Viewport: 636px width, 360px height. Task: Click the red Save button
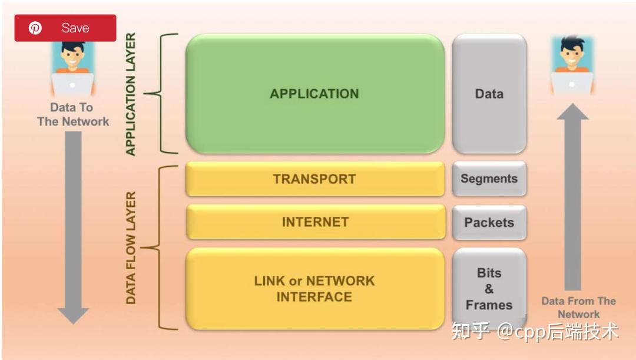tap(65, 28)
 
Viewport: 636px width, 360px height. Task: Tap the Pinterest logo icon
tap(35, 28)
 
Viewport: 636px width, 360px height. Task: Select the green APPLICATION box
tap(314, 94)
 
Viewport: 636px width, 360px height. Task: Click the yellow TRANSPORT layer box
tap(314, 179)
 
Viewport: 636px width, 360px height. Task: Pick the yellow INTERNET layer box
tap(314, 222)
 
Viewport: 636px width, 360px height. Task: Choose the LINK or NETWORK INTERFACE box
tap(314, 289)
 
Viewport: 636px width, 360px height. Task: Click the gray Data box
tap(489, 94)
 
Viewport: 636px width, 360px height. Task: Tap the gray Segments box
tap(489, 179)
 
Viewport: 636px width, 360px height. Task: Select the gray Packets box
tap(489, 223)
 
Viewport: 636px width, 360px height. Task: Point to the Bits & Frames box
tap(489, 289)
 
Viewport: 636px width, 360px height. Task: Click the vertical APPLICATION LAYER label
tap(131, 94)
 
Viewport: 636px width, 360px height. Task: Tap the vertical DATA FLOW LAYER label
tap(131, 247)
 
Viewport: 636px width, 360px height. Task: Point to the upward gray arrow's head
tap(572, 112)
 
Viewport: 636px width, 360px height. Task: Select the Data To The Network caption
tap(72, 114)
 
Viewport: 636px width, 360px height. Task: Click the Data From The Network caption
tap(578, 308)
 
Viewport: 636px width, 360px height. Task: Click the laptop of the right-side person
tap(572, 82)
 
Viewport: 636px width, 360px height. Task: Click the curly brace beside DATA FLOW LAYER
tap(152, 247)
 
